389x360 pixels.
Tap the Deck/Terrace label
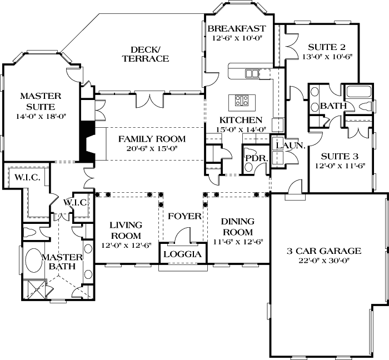point(146,54)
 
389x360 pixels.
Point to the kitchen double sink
point(252,73)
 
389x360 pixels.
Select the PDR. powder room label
point(257,158)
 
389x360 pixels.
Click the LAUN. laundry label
point(290,146)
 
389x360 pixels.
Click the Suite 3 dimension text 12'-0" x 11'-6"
point(340,166)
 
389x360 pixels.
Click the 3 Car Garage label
point(323,251)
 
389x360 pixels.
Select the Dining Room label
point(238,227)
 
